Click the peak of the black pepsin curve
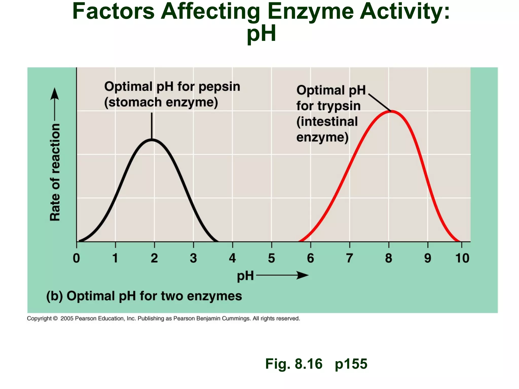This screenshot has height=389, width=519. coord(152,140)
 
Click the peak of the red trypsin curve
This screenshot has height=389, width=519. coord(391,111)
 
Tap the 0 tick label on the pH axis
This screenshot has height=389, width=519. coord(76,258)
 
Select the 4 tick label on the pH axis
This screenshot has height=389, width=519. coord(232,258)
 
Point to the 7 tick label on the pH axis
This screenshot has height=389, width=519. coord(349,258)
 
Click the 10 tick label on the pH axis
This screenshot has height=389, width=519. coord(462,258)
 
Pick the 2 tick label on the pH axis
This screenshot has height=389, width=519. coord(154,258)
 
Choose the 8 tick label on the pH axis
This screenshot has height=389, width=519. coord(388,258)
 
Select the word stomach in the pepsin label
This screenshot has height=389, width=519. coord(135,102)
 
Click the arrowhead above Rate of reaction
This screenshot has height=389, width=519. coord(54,94)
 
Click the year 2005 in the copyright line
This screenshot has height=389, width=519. coord(67,319)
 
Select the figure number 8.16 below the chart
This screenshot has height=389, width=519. coord(308,364)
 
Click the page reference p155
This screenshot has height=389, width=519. coord(351,364)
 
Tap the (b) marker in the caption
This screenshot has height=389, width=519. coord(54,296)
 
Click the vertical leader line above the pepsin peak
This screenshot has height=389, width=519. coord(152,125)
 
